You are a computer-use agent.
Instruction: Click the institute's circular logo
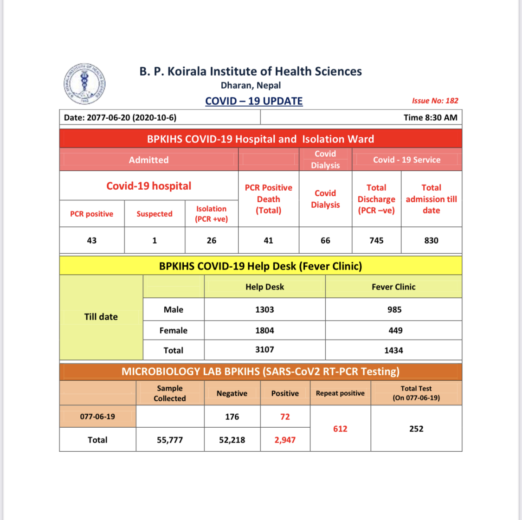pyautogui.click(x=84, y=84)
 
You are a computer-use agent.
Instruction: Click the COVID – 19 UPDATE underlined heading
pyautogui.click(x=254, y=101)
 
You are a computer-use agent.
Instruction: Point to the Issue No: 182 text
pyautogui.click(x=435, y=101)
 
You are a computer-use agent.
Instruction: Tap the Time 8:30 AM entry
pyautogui.click(x=430, y=117)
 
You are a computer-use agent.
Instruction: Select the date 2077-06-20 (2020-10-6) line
pyautogui.click(x=120, y=117)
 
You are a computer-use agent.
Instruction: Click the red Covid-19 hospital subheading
pyautogui.click(x=148, y=186)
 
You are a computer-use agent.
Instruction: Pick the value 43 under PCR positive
pyautogui.click(x=92, y=240)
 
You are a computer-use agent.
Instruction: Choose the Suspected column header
pyautogui.click(x=155, y=214)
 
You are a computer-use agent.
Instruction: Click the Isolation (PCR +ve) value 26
pyautogui.click(x=212, y=240)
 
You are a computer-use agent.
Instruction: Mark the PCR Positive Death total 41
pyautogui.click(x=268, y=240)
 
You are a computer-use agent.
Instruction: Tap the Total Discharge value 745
pyautogui.click(x=376, y=240)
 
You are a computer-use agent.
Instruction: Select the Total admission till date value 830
pyautogui.click(x=431, y=240)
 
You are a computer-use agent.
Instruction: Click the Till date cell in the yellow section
pyautogui.click(x=101, y=317)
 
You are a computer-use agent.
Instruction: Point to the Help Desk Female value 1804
pyautogui.click(x=264, y=330)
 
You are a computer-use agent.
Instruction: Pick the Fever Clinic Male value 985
pyautogui.click(x=394, y=309)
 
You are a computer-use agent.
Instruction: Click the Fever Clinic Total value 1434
pyautogui.click(x=393, y=350)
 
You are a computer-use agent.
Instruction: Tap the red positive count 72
pyautogui.click(x=285, y=417)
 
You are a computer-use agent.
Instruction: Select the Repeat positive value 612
pyautogui.click(x=340, y=429)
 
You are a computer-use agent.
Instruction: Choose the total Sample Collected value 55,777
pyautogui.click(x=170, y=440)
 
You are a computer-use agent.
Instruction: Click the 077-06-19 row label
pyautogui.click(x=97, y=417)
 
